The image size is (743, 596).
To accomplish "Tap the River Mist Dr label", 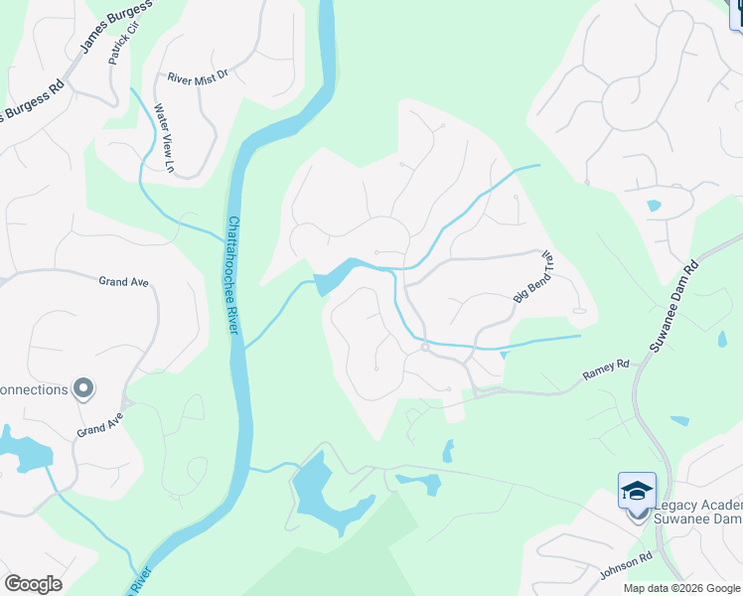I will tap(198, 75).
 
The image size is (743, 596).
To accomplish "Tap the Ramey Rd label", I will tap(607, 371).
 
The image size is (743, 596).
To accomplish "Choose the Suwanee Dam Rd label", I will tap(674, 305).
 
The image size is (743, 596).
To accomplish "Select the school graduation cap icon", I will tap(637, 490).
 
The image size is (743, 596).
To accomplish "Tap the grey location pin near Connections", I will tap(83, 388).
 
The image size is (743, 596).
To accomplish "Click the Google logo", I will tap(33, 584).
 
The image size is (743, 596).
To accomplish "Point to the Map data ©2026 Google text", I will tap(680, 588).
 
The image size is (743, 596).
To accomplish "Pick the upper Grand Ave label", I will tap(123, 282).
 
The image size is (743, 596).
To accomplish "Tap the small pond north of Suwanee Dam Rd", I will tap(653, 206).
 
